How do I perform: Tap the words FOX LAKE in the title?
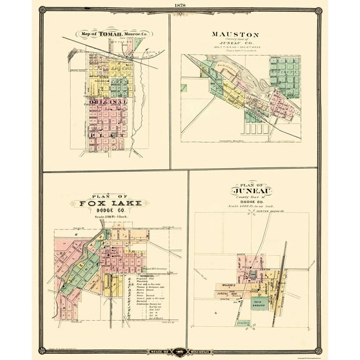click(104, 202)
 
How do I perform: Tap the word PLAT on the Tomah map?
click(108, 133)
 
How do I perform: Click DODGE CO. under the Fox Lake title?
click(104, 211)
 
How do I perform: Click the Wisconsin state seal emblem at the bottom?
click(180, 352)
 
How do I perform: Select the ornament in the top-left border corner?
click(41, 11)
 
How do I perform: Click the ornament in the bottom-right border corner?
click(319, 350)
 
